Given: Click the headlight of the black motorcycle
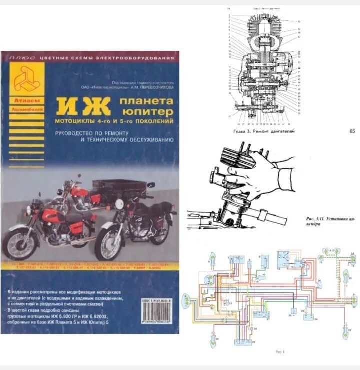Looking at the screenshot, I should (119, 204).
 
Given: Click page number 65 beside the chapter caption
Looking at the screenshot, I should (352, 132).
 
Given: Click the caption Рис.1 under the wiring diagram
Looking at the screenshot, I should (281, 352).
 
